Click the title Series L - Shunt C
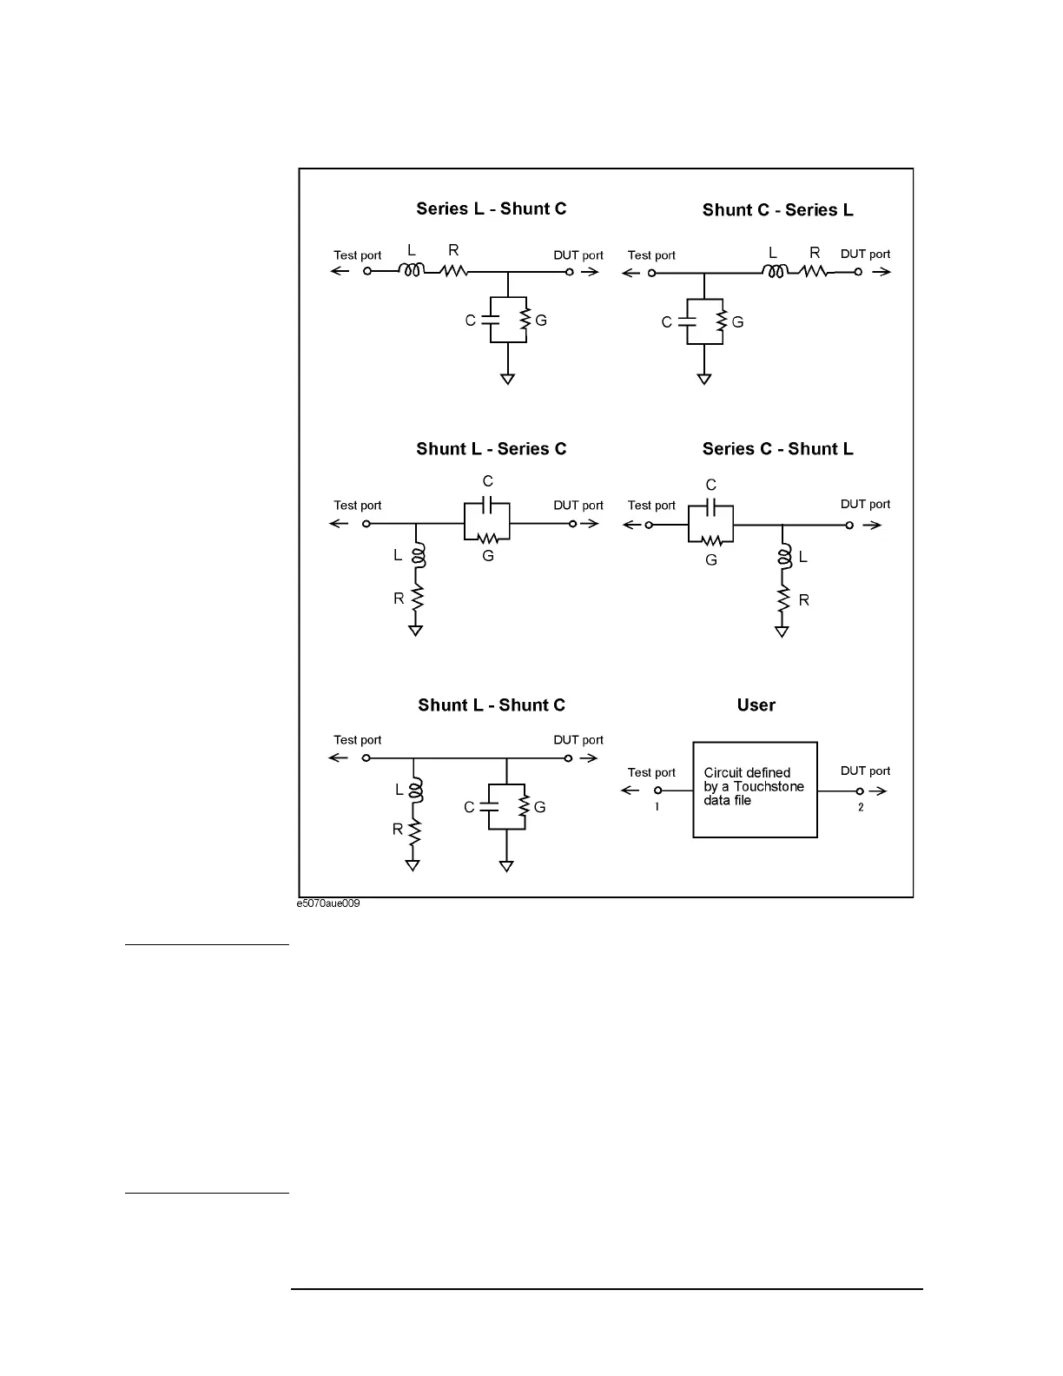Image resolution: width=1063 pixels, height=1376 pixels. (491, 208)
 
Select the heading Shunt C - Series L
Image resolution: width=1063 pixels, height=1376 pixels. (777, 210)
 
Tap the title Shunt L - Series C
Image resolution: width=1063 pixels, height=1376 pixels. (491, 449)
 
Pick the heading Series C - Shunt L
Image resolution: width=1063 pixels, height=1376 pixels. (777, 449)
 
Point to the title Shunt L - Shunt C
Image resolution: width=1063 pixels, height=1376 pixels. (491, 705)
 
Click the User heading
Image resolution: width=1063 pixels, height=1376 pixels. (756, 705)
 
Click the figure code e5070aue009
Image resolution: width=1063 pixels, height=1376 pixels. (328, 904)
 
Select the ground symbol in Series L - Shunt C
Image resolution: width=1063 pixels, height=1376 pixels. (507, 379)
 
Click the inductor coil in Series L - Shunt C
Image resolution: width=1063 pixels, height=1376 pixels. (412, 271)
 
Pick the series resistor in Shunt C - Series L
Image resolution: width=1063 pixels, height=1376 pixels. (814, 272)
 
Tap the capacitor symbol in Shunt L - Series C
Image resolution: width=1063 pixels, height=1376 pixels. (487, 505)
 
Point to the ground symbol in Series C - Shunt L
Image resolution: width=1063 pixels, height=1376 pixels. (782, 632)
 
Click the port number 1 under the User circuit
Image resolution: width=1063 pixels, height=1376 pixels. (657, 807)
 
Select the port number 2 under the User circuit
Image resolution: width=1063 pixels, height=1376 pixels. (861, 807)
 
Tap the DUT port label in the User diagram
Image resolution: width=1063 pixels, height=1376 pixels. (865, 771)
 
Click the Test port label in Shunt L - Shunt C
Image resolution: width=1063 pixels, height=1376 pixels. (357, 740)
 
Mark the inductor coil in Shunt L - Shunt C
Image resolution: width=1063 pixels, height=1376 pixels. (414, 791)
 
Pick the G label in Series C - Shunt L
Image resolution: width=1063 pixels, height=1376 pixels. (711, 560)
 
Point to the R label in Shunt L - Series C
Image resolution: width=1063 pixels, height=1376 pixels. (399, 599)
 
